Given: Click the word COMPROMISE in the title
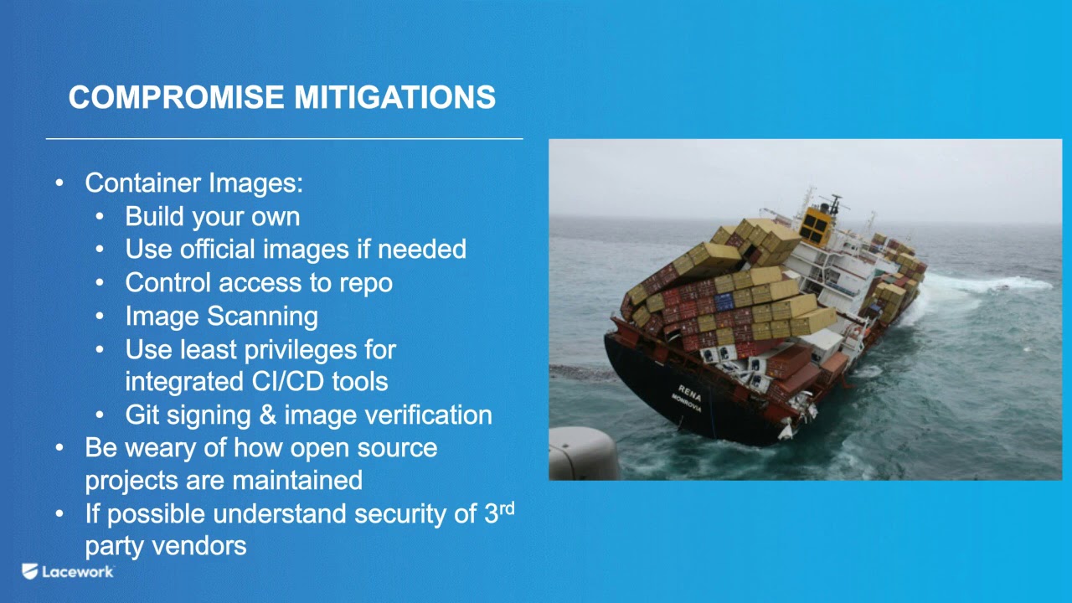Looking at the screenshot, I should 178,98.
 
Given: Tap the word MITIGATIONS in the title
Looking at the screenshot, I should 394,98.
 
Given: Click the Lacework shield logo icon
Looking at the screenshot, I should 30,572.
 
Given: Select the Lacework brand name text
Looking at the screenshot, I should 78,572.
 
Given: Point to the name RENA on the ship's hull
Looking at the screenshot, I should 690,390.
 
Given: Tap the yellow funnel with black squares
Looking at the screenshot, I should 816,223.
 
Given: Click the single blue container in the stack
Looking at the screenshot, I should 724,301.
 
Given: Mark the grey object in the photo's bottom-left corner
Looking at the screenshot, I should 581,454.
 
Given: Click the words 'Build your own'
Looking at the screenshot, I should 212,217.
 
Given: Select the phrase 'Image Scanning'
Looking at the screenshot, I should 221,317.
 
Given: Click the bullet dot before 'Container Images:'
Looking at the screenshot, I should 59,183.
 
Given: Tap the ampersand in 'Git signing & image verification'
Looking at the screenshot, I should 267,415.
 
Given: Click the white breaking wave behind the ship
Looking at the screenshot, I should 988,285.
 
